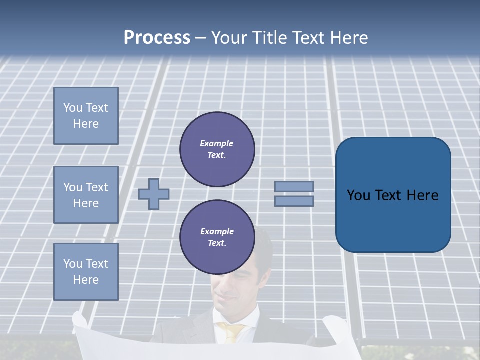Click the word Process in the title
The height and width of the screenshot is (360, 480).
157,38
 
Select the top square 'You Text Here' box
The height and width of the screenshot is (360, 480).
86,116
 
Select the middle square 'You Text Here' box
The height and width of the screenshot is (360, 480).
86,195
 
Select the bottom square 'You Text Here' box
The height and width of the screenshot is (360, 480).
86,272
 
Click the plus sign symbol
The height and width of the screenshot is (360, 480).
154,194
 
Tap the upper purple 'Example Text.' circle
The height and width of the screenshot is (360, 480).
217,149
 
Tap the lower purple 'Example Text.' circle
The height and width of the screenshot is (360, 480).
217,237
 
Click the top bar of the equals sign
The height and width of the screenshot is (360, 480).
294,186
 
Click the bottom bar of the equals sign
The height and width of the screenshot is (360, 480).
294,201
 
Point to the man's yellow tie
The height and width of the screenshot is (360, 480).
232,332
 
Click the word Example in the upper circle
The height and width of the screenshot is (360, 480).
217,143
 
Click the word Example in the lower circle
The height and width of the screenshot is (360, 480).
217,231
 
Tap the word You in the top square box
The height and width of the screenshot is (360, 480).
73,108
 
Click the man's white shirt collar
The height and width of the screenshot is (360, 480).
220,320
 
